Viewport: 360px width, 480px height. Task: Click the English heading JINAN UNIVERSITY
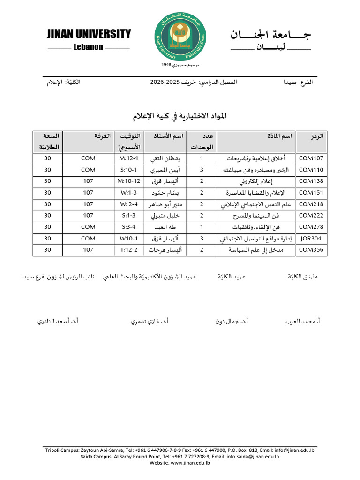pos(89,34)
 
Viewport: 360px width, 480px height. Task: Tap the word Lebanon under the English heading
pos(88,47)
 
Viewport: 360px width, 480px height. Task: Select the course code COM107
pos(311,158)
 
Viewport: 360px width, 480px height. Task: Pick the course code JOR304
pos(311,239)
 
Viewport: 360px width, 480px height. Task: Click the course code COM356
pos(311,250)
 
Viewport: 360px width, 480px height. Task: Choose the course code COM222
pos(311,216)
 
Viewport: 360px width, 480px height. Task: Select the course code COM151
pos(311,193)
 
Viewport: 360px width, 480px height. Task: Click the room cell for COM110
pos(88,170)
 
